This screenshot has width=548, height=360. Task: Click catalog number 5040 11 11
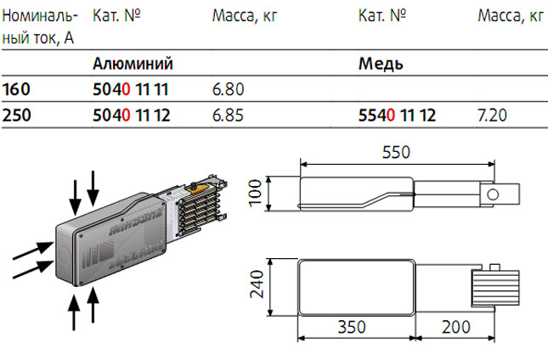tap(131, 89)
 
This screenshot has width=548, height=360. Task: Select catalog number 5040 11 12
tap(132, 115)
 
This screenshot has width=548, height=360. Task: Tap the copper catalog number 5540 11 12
tap(398, 115)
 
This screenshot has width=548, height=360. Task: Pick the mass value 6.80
tap(229, 89)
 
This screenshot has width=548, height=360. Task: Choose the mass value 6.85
tap(228, 115)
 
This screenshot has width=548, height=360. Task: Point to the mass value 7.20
tap(493, 115)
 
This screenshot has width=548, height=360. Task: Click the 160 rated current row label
tap(16, 89)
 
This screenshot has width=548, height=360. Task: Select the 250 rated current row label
tap(16, 115)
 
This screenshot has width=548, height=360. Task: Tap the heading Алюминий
tap(133, 64)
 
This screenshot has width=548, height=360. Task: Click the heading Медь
tap(381, 64)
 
